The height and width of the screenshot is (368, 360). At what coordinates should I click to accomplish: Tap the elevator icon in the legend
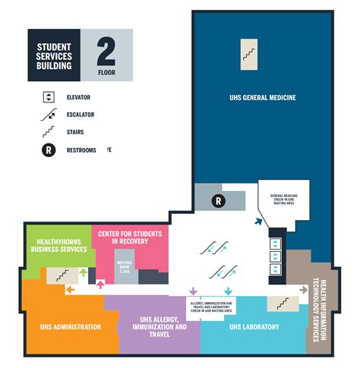(x=49, y=96)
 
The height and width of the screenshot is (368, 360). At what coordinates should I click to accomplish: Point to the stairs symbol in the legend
(x=49, y=132)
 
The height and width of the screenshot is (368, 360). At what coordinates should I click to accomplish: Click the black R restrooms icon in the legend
(x=49, y=150)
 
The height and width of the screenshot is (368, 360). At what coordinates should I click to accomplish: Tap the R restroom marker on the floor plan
(x=218, y=201)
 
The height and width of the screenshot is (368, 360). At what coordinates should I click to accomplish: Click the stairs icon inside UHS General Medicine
(x=249, y=51)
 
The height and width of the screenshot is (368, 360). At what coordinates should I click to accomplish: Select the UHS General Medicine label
(x=263, y=98)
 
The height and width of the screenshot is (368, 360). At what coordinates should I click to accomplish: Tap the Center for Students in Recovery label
(x=128, y=237)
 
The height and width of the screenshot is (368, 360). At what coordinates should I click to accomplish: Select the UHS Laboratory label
(x=253, y=327)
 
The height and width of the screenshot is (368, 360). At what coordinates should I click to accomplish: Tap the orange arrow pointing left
(x=71, y=289)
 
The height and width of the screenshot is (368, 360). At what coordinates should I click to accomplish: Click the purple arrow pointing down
(x=193, y=291)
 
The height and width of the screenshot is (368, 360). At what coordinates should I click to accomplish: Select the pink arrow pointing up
(x=101, y=284)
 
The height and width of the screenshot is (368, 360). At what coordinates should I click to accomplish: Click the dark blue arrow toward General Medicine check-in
(x=258, y=222)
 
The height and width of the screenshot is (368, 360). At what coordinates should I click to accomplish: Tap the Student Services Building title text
(x=54, y=55)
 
